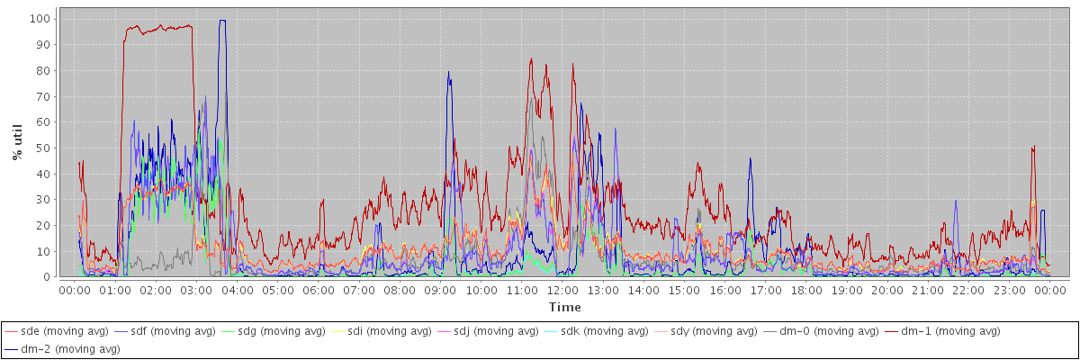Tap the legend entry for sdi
tap(402, 332)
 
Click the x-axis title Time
tap(564, 308)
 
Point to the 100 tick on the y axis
tap(40, 18)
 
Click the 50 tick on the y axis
tap(43, 148)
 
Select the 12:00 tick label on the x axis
tap(562, 290)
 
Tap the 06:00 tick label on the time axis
tap(318, 290)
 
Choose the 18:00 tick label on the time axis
tap(806, 290)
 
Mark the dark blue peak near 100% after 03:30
tap(222, 21)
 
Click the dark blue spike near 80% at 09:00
tap(448, 73)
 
